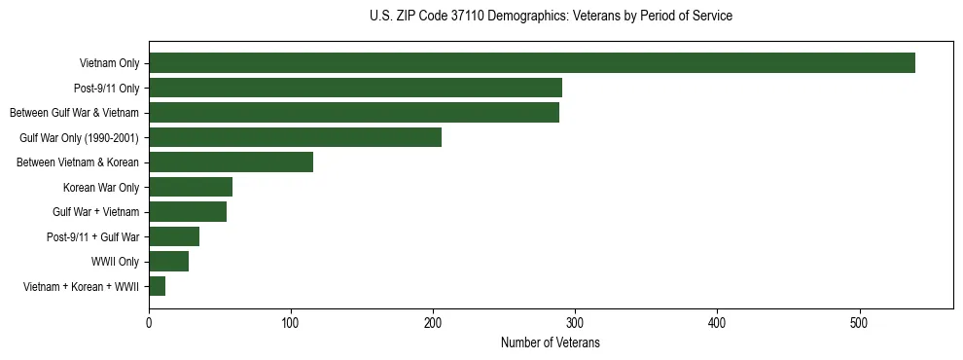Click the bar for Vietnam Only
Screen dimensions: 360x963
coord(531,63)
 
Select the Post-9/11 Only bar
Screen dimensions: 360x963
coord(355,88)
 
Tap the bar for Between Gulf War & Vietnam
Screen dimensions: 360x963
coord(353,113)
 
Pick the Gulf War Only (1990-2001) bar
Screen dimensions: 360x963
coord(295,137)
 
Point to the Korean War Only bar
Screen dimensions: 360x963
coord(191,187)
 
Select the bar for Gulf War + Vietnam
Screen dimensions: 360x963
coord(188,212)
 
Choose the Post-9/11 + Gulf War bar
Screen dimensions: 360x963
coord(174,236)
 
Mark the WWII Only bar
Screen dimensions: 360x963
coord(168,262)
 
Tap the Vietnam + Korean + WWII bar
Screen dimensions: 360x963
coord(157,286)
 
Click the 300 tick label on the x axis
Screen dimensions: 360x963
coord(575,320)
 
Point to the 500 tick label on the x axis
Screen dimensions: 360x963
coord(859,320)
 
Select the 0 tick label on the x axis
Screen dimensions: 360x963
coord(149,320)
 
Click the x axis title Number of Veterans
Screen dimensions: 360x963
coord(550,342)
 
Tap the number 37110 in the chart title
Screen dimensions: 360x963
coord(476,17)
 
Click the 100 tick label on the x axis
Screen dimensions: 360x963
coord(291,320)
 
